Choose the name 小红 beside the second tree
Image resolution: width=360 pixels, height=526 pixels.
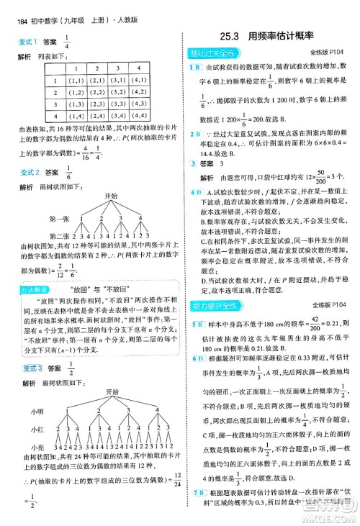point(37,430)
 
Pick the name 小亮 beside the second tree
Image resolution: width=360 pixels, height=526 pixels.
point(37,447)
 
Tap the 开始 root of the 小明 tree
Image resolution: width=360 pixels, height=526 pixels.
point(111,391)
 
